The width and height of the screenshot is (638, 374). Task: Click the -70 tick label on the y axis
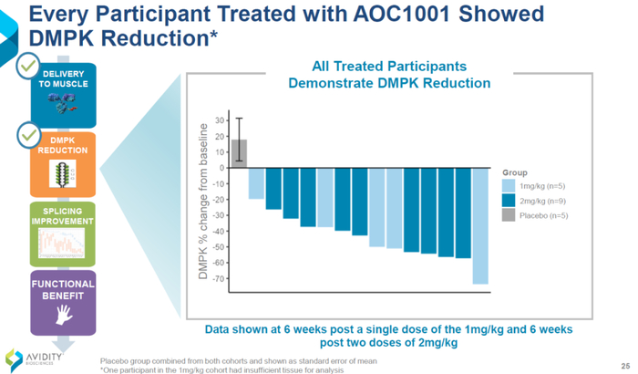point(219,277)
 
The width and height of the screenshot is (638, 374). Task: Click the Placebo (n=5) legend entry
point(539,216)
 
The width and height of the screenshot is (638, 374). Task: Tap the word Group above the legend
point(515,171)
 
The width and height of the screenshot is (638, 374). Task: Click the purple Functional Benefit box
point(64,302)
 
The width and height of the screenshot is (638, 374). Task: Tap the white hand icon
point(64,314)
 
